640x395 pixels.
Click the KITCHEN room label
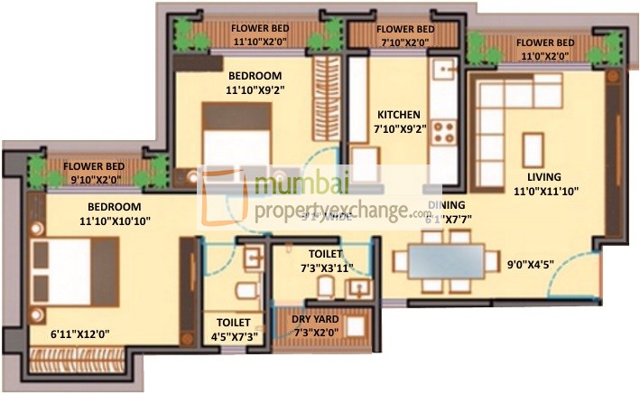tap(398, 115)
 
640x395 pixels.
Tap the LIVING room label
tap(545, 176)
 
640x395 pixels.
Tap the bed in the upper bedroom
tap(237, 136)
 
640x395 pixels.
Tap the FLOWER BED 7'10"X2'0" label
tap(405, 35)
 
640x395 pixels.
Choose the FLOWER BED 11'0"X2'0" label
tap(544, 49)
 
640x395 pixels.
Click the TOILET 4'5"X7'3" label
tap(233, 329)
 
